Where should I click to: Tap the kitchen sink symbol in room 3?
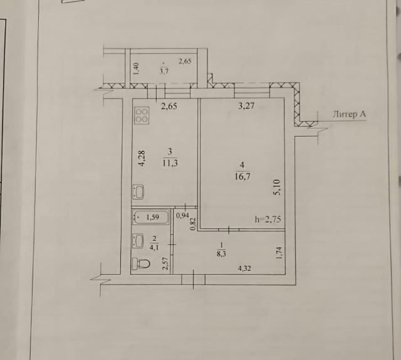pyautogui.click(x=139, y=191)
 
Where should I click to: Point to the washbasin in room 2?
pyautogui.click(x=137, y=240)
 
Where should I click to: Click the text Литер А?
pyautogui.click(x=348, y=114)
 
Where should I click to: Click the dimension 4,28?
pyautogui.click(x=142, y=157)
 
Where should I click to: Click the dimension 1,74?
pyautogui.click(x=279, y=254)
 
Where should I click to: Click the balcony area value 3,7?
pyautogui.click(x=164, y=70)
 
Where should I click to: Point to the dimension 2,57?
pyautogui.click(x=165, y=264)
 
